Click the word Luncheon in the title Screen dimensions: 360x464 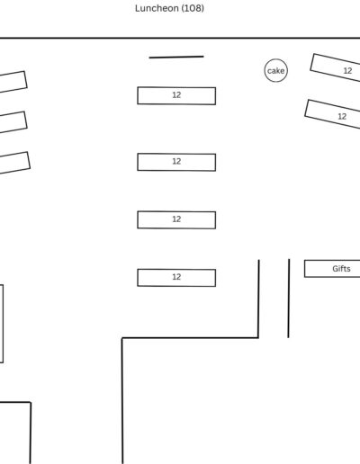(x=153, y=8)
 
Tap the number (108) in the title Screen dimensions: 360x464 (x=189, y=8)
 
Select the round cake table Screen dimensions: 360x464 (x=276, y=70)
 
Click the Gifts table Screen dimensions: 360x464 (x=332, y=269)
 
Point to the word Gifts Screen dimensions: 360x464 (x=341, y=269)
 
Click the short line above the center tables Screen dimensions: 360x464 (x=176, y=57)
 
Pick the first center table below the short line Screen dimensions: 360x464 (x=176, y=95)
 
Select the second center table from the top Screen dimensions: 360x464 (x=176, y=162)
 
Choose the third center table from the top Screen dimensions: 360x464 (x=176, y=219)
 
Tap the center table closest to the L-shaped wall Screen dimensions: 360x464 (x=176, y=278)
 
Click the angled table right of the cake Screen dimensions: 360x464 (x=335, y=67)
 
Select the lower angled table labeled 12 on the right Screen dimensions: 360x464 (x=332, y=114)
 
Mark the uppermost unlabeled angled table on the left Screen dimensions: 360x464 (x=13, y=82)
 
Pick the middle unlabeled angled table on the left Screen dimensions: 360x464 (x=13, y=122)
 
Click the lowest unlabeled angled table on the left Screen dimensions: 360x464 (x=15, y=163)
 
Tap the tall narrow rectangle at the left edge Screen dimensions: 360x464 (x=3, y=324)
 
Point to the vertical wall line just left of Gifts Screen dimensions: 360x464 (x=289, y=299)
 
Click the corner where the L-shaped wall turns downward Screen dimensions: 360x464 (x=122, y=338)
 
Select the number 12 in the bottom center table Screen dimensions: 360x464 (x=176, y=277)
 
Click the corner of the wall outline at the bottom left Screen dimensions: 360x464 (x=31, y=402)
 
